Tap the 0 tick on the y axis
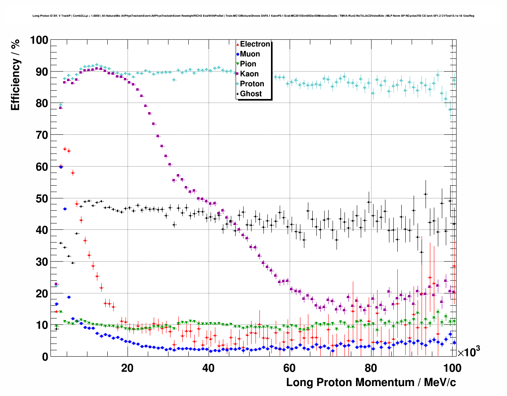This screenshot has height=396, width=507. (x=45, y=357)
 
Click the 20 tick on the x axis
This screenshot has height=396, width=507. (x=127, y=368)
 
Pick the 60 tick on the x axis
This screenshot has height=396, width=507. (x=290, y=368)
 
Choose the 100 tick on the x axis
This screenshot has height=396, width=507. (x=452, y=368)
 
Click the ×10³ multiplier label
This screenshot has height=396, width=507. (x=468, y=352)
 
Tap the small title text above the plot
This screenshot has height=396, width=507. (x=253, y=16)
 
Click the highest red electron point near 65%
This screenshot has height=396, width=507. (x=65, y=149)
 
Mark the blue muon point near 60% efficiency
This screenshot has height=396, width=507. (x=61, y=167)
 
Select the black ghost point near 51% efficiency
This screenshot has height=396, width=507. (x=426, y=194)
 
